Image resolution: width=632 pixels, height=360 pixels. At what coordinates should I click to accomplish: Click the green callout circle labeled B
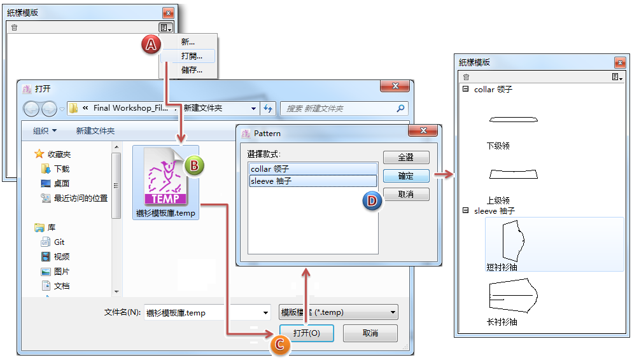(194, 166)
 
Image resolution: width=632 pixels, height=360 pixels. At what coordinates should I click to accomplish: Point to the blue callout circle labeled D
(372, 200)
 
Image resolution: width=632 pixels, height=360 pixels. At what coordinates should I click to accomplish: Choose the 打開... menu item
(191, 56)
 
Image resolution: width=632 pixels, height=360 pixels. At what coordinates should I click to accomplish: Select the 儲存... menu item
(191, 70)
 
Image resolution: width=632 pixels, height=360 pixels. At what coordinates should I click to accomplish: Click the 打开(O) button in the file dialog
(306, 333)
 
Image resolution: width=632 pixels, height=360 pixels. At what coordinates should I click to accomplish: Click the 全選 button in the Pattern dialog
(405, 157)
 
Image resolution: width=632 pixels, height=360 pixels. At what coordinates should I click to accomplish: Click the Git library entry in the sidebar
(59, 242)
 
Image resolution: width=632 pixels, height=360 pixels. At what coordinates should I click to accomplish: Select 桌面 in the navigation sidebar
(62, 183)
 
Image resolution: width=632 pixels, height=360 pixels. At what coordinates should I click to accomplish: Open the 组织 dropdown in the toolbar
(45, 131)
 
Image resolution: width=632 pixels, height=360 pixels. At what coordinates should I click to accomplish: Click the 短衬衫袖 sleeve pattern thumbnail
(513, 240)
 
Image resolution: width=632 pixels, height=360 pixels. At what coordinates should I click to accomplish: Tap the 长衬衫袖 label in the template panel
(502, 322)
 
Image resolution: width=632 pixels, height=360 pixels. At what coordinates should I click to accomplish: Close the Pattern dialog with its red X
(423, 131)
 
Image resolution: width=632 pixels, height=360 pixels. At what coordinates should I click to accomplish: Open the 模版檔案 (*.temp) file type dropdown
(339, 312)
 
